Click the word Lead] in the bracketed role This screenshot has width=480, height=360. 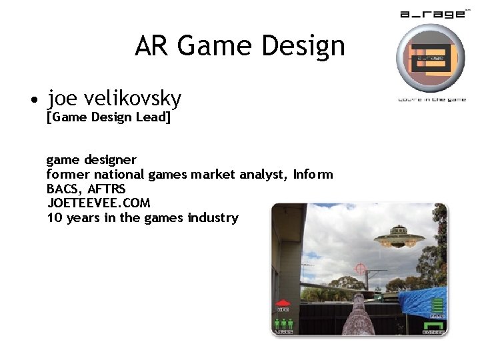154,118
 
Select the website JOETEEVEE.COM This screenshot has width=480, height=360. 99,203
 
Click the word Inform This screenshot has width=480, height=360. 313,175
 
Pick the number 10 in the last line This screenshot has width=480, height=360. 55,218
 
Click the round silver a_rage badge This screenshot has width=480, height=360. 430,58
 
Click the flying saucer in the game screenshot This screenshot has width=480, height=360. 400,237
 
